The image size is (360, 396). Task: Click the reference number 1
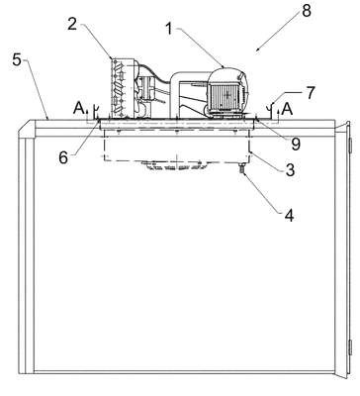(x=169, y=29)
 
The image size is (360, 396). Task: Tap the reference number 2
(x=72, y=25)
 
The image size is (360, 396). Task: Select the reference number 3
(x=290, y=170)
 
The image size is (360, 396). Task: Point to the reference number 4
(x=289, y=216)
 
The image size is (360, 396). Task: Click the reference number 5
(x=17, y=60)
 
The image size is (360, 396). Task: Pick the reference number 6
(x=63, y=157)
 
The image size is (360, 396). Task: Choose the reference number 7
(x=311, y=93)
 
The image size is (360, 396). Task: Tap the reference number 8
(x=307, y=11)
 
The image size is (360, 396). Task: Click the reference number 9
(x=296, y=144)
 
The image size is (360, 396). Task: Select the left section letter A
(x=78, y=108)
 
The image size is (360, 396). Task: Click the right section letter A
(x=288, y=109)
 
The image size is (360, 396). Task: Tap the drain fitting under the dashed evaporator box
(x=243, y=168)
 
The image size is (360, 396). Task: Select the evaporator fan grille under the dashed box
(x=176, y=165)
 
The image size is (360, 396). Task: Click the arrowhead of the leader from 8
(x=257, y=50)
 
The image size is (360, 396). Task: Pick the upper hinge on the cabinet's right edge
(x=350, y=146)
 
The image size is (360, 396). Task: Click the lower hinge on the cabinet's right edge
(x=350, y=347)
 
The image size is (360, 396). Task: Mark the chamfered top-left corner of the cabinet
(x=26, y=127)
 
